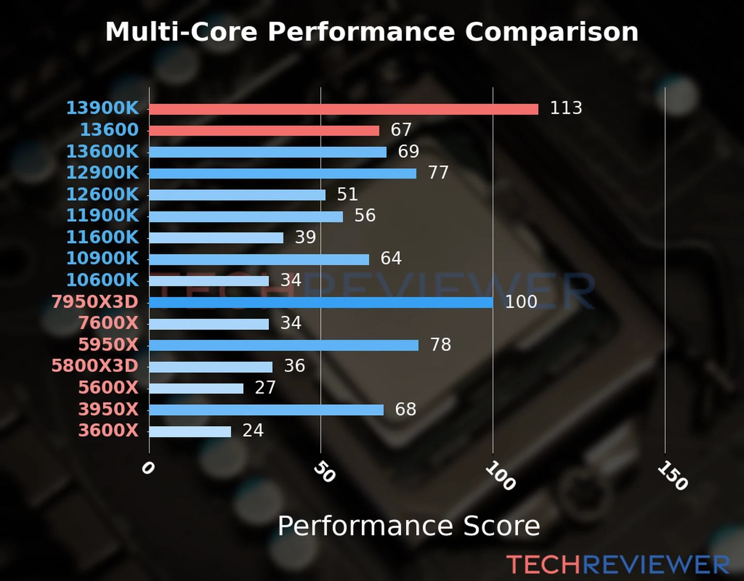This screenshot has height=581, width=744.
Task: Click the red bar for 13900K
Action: click(x=343, y=109)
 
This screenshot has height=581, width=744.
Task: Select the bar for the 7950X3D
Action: click(x=321, y=303)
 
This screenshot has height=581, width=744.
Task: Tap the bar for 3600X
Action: click(x=190, y=431)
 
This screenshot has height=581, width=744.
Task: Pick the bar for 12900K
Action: click(x=282, y=173)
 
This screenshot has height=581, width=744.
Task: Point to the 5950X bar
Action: click(x=284, y=345)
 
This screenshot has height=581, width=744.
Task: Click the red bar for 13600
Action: click(x=264, y=131)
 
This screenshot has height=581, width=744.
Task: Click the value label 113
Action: click(x=566, y=108)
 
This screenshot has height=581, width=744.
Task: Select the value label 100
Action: click(x=521, y=302)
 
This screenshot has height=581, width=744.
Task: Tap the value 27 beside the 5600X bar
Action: click(x=265, y=387)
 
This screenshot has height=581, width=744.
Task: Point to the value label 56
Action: click(x=365, y=215)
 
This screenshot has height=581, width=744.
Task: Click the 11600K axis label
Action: click(x=102, y=237)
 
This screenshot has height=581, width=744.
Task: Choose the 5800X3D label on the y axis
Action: click(x=95, y=366)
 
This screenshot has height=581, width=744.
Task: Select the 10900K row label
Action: click(x=102, y=258)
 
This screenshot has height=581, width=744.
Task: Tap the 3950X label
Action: click(x=108, y=409)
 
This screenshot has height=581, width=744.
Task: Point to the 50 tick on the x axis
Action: click(x=324, y=472)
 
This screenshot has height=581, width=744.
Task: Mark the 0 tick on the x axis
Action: click(x=148, y=468)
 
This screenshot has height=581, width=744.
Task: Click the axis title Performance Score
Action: click(x=408, y=526)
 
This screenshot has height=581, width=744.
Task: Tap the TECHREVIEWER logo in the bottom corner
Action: click(x=618, y=565)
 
